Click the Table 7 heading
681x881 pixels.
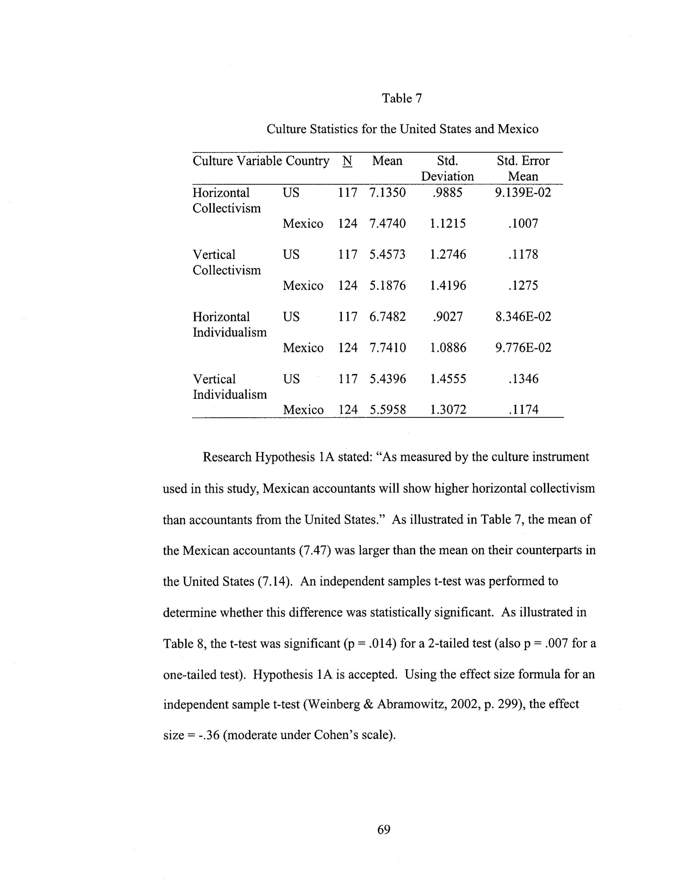pos(402,98)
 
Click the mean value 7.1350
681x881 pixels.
pos(387,192)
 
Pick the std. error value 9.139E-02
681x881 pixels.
pos(523,192)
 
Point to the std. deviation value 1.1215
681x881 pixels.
pos(448,223)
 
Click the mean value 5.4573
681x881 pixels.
pos(387,255)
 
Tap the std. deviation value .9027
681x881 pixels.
pos(448,316)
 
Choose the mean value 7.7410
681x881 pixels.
pos(387,348)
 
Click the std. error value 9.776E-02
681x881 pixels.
pos(523,348)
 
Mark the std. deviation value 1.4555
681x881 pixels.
pos(448,379)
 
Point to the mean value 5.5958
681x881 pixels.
pos(388,410)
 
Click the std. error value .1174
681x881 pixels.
pos(523,410)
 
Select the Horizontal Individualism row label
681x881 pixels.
pos(229,324)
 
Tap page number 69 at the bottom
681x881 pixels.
pos(384,829)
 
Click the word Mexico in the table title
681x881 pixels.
pos(518,129)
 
